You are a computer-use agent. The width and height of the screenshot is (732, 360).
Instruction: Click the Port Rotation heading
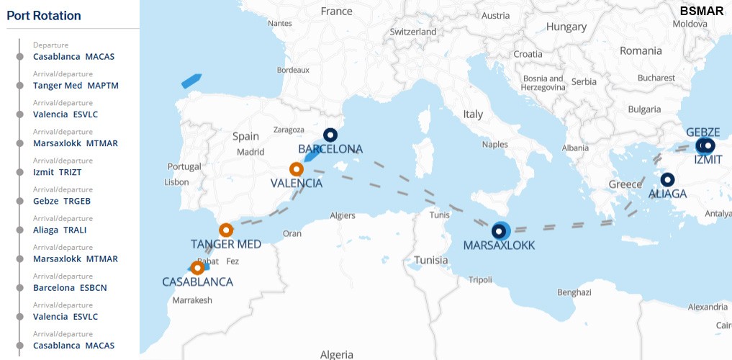tap(44, 16)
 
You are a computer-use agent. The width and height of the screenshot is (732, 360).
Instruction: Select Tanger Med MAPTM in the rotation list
tap(76, 85)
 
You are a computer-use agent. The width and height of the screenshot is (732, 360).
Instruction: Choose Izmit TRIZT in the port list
tap(58, 172)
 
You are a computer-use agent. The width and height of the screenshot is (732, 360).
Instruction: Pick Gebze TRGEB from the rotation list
tap(62, 201)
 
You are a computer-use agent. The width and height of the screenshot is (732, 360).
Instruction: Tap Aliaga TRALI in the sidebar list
tap(60, 230)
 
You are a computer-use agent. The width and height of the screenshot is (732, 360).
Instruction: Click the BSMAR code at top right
tap(701, 11)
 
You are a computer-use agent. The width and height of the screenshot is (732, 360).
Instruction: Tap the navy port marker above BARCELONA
tap(330, 135)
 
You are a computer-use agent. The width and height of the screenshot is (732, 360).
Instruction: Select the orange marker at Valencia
tap(296, 169)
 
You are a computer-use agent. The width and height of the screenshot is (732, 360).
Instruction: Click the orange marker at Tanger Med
tap(226, 230)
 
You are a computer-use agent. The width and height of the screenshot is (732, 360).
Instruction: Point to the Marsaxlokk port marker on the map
tap(498, 231)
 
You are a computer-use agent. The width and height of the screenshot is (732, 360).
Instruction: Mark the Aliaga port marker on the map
tap(667, 179)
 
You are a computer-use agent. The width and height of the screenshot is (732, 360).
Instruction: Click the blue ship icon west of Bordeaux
tap(191, 80)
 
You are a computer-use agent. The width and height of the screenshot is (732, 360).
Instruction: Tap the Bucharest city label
tap(656, 78)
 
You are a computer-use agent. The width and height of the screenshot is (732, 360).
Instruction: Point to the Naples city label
tap(494, 144)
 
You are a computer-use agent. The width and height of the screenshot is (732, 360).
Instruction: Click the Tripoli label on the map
tap(480, 279)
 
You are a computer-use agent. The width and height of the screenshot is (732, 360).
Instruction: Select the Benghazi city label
tap(574, 292)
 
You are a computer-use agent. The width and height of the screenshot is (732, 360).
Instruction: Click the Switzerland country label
tap(412, 32)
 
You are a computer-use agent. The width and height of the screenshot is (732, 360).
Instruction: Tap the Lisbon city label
tap(176, 182)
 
